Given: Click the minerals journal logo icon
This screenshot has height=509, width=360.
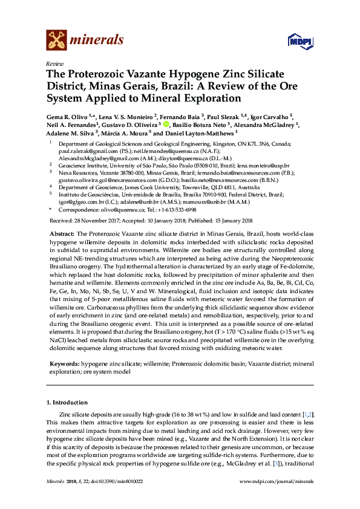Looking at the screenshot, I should (x=57, y=39).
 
